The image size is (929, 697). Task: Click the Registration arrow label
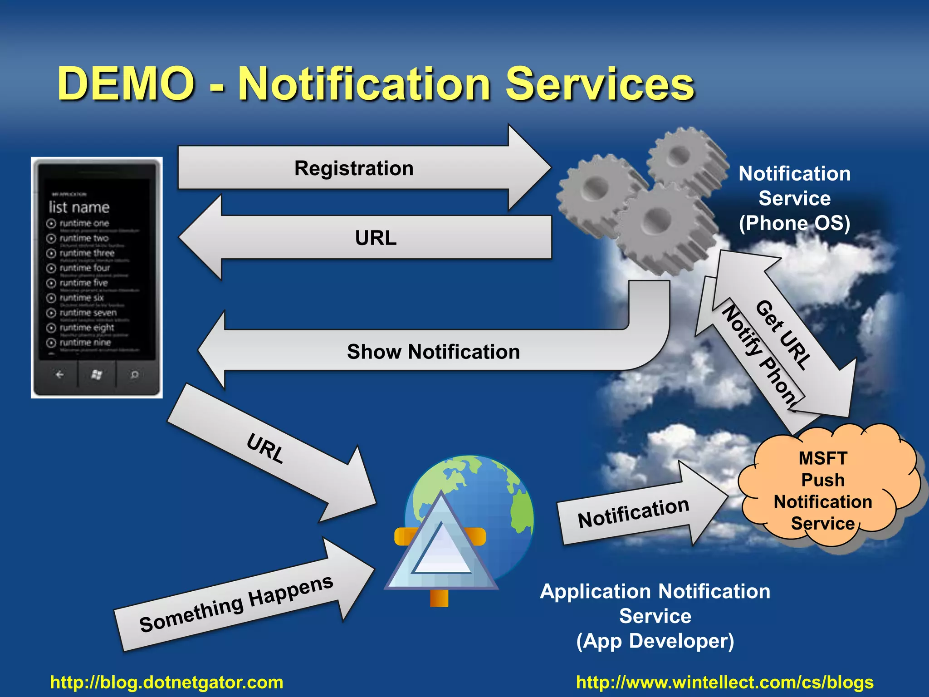tap(353, 168)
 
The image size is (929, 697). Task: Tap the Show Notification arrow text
tap(433, 352)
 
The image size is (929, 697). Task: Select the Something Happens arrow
tap(236, 604)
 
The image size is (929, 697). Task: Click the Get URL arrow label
tap(783, 334)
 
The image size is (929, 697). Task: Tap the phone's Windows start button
tap(96, 374)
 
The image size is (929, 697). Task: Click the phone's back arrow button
tap(59, 374)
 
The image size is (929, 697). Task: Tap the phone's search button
tap(134, 374)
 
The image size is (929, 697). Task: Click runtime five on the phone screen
tap(83, 283)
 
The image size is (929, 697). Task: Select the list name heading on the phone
tap(79, 207)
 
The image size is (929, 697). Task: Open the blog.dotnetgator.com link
tap(166, 682)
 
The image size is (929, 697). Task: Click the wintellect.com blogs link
tap(724, 682)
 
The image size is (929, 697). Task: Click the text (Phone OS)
tap(794, 223)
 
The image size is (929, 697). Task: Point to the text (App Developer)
tap(655, 641)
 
